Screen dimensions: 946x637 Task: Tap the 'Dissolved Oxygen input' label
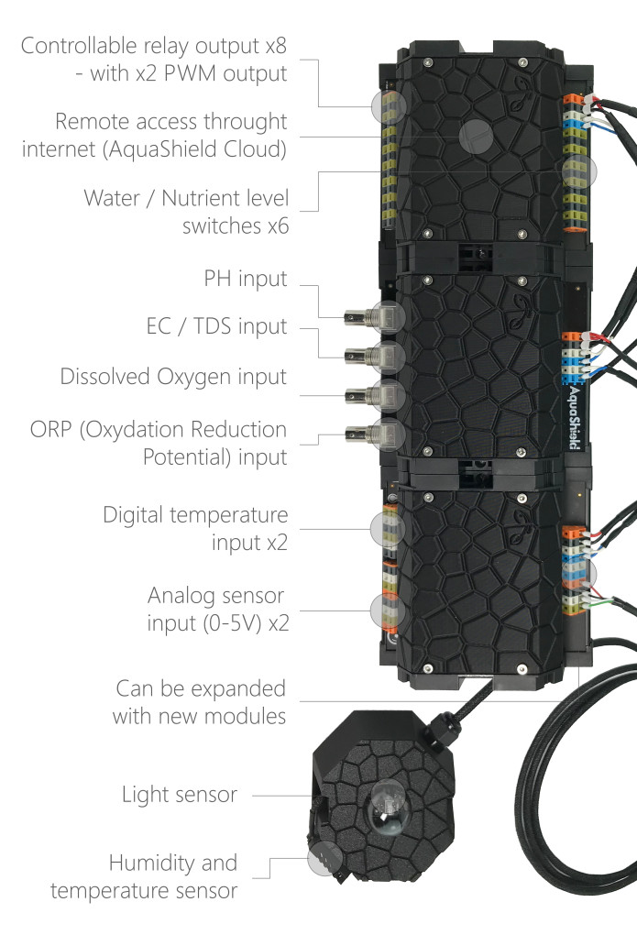coord(173,377)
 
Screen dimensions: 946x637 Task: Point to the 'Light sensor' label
coord(179,794)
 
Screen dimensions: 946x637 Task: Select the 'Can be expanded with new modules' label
coord(200,701)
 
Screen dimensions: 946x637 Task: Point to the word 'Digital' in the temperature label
coord(134,515)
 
